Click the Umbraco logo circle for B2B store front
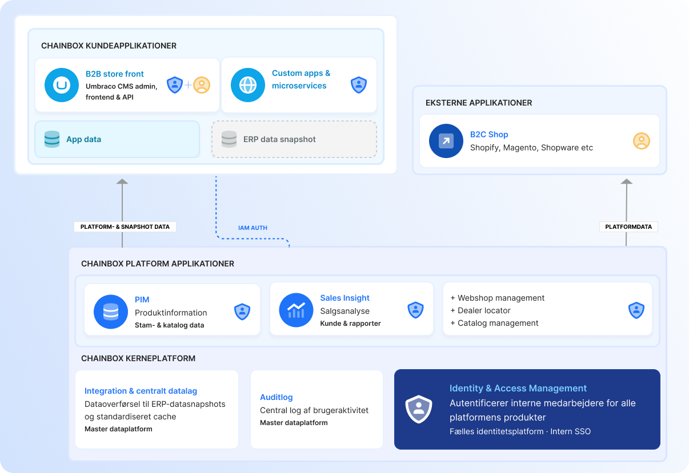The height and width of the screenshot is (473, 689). coord(62,85)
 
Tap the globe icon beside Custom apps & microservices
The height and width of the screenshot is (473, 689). coord(248,85)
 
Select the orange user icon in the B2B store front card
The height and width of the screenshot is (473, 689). coord(202,85)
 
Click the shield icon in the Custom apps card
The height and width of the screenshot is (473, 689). coord(359,85)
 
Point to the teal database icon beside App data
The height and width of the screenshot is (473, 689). coord(52,139)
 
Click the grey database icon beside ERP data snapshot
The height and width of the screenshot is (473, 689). coord(229,139)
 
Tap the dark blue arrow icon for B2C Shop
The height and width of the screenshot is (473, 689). coord(446,141)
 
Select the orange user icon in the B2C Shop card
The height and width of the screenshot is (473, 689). coord(642,141)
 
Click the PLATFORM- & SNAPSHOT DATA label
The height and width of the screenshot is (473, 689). coord(125,227)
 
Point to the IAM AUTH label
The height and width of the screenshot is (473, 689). coord(253,228)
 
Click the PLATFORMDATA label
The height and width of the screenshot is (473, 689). coord(628,227)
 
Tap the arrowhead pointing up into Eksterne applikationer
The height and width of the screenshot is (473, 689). coord(626,181)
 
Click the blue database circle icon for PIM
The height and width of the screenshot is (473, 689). coord(111,312)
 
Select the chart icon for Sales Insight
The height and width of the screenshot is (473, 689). coord(296,310)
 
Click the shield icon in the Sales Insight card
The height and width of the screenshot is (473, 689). coord(415,310)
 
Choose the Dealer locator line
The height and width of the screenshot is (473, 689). coord(480,310)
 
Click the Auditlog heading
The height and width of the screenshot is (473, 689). coord(276,397)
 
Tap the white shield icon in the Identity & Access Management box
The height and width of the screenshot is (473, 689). coord(419,409)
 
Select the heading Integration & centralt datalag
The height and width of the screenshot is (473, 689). coord(141,391)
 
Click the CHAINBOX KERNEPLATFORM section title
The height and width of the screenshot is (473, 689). coord(138,358)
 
